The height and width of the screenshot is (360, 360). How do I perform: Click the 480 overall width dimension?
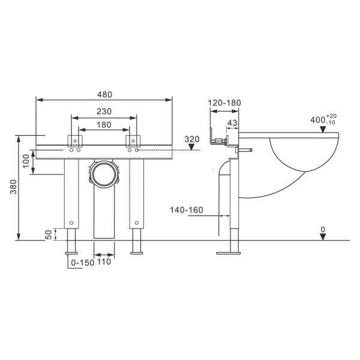[104, 94]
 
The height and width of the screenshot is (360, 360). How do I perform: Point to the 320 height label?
[191, 139]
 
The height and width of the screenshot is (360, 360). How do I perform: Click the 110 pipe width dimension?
[104, 262]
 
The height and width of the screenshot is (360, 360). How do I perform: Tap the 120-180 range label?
[224, 103]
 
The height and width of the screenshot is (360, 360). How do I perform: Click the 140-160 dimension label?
[186, 209]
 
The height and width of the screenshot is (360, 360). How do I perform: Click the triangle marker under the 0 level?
[323, 236]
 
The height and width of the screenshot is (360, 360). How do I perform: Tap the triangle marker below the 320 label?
[191, 148]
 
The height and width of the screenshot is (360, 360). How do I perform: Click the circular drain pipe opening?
[104, 175]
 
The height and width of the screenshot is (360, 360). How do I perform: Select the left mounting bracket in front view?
[75, 142]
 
